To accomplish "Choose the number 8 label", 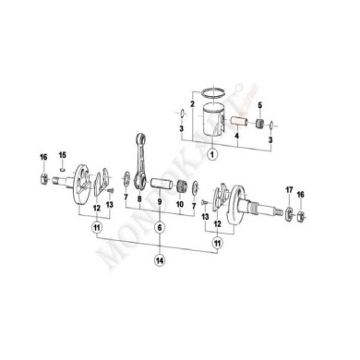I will [x=138, y=199].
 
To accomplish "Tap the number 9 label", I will [x=160, y=199].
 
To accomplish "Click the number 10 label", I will [x=181, y=199].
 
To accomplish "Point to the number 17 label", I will [x=288, y=191].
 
